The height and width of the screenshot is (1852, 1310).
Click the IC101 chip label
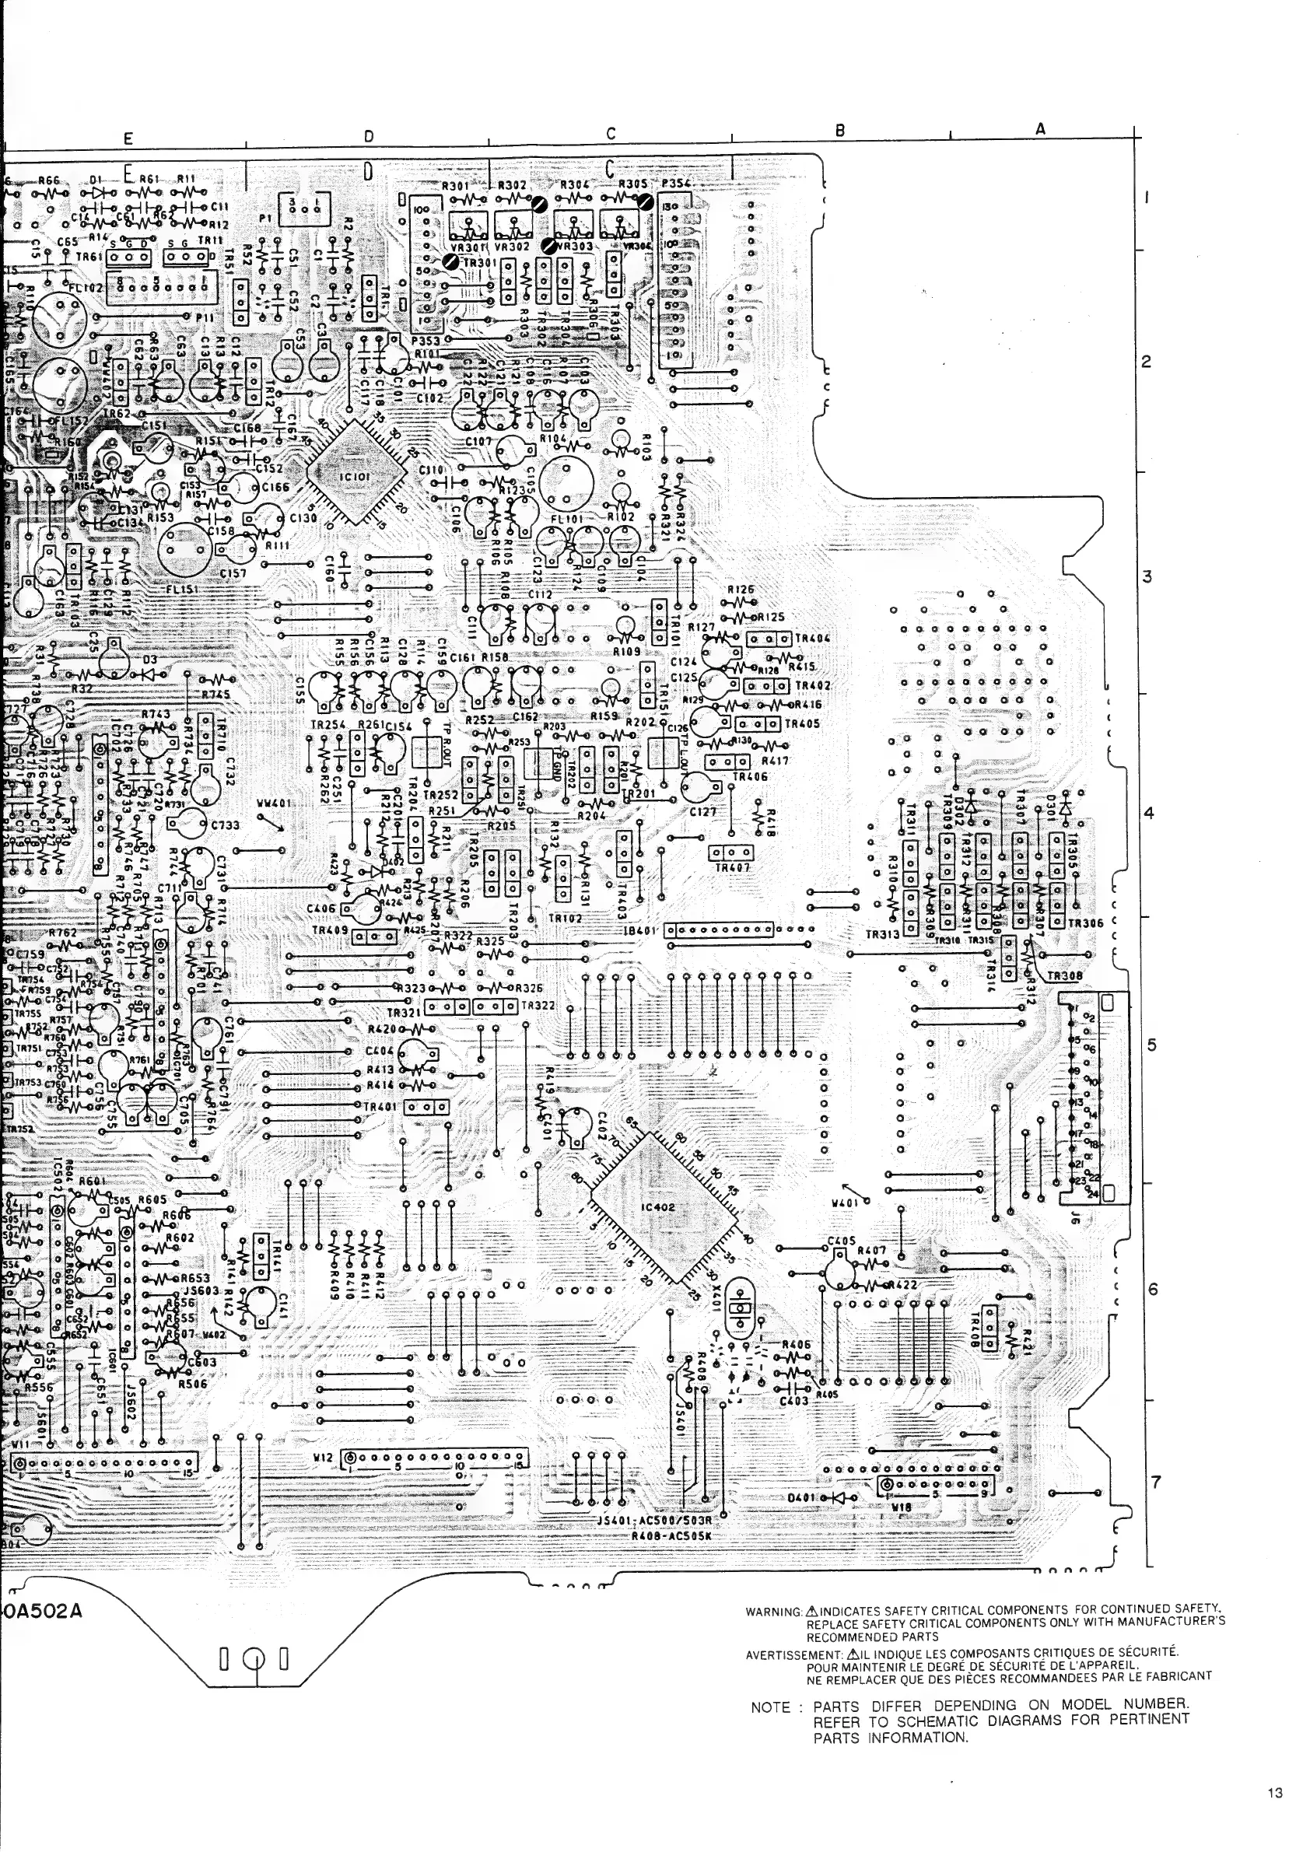[354, 478]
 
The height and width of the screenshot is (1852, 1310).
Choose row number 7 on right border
[1156, 1483]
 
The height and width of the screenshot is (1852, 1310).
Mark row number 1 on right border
[1148, 197]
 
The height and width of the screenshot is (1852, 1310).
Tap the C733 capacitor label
[225, 825]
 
